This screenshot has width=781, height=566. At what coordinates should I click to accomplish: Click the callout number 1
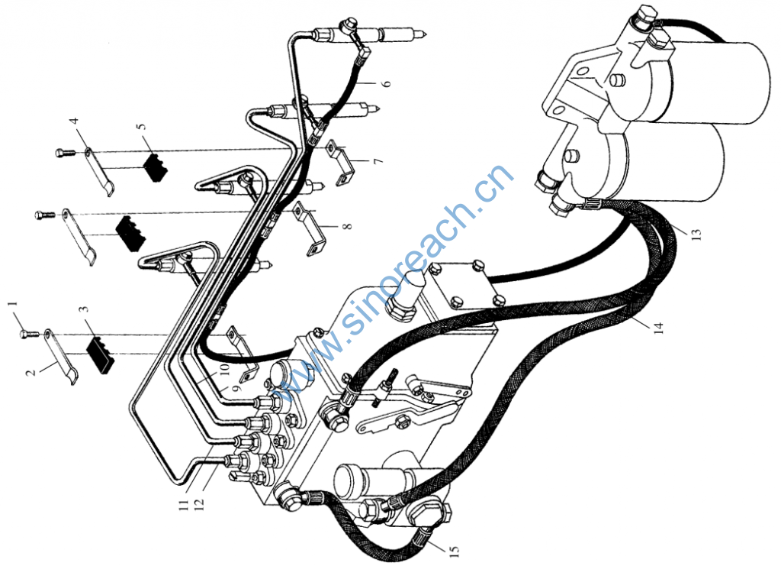(13, 307)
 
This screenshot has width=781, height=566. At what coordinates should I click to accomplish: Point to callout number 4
(74, 121)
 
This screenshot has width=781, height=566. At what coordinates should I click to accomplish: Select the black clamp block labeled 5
(156, 166)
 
